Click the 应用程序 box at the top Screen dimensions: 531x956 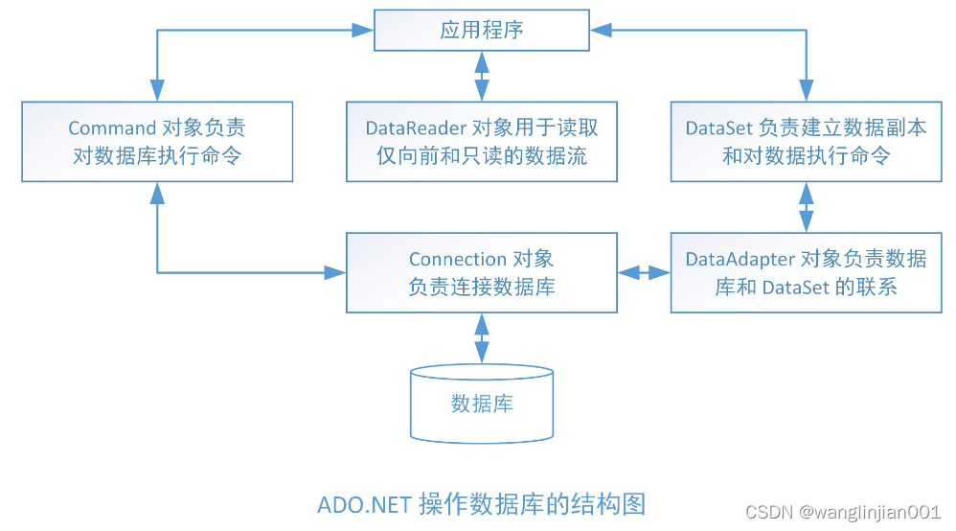[481, 30]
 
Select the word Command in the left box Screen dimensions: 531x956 [112, 127]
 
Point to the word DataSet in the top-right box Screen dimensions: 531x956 [718, 127]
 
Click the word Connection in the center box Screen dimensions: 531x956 [457, 259]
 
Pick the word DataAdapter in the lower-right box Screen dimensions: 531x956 [740, 259]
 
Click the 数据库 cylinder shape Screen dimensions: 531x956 [481, 403]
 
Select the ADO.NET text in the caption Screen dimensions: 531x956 [364, 504]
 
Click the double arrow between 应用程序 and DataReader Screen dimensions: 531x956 [481, 76]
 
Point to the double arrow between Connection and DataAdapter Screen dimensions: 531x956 [644, 272]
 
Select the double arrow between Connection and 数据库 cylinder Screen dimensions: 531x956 [481, 337]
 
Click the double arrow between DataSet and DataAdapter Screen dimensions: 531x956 [806, 206]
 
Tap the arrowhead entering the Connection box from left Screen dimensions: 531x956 [334, 272]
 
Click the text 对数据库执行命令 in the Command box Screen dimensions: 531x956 [157, 154]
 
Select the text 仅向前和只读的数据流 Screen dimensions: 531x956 [481, 154]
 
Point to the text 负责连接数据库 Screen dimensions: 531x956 [481, 286]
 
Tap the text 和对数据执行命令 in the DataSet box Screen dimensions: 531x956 [806, 154]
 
